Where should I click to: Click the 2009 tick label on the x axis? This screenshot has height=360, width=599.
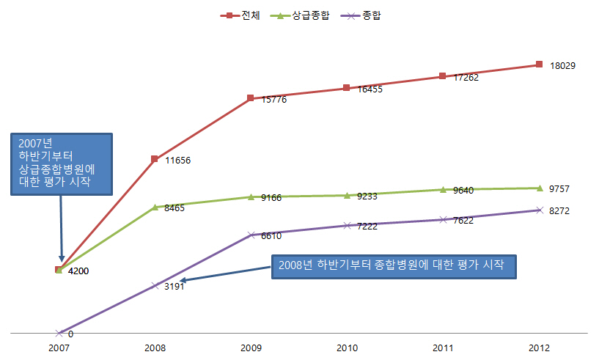[x=250, y=348]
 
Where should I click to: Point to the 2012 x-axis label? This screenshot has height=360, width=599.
[x=538, y=348]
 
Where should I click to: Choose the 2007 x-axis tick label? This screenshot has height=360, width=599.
[x=59, y=348]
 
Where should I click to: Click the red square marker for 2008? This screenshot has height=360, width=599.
[x=155, y=158]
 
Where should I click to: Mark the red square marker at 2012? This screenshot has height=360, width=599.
[x=539, y=64]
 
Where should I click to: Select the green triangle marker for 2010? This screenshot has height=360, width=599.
[x=347, y=195]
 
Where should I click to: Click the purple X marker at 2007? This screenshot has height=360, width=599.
[x=59, y=333]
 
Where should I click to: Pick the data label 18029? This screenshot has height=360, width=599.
[x=562, y=65]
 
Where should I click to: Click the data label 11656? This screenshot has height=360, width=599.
[x=178, y=160]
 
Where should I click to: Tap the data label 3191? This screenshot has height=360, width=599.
[x=173, y=287]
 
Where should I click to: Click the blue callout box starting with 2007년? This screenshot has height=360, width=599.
[x=62, y=164]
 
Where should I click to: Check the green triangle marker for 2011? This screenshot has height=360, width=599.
[x=443, y=189]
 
